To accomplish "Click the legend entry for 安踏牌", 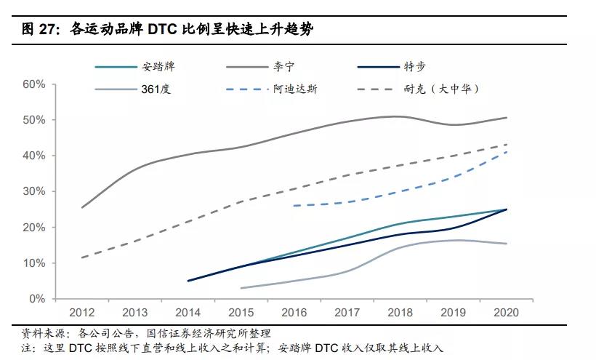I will (158, 67).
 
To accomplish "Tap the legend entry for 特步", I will (414, 67).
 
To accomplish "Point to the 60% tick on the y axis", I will (34, 84).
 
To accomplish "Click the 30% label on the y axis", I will (34, 191).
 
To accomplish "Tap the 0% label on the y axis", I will (37, 299).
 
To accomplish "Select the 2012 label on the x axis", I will (81, 313).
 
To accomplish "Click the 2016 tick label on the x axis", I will (294, 313).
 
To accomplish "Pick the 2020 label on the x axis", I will (506, 313).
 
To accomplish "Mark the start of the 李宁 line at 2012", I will (81, 208).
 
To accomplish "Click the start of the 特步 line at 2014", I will (188, 281).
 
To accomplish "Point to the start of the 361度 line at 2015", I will (241, 288).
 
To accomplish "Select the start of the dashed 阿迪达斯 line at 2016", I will (294, 206).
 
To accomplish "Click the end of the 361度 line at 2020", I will (507, 244).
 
